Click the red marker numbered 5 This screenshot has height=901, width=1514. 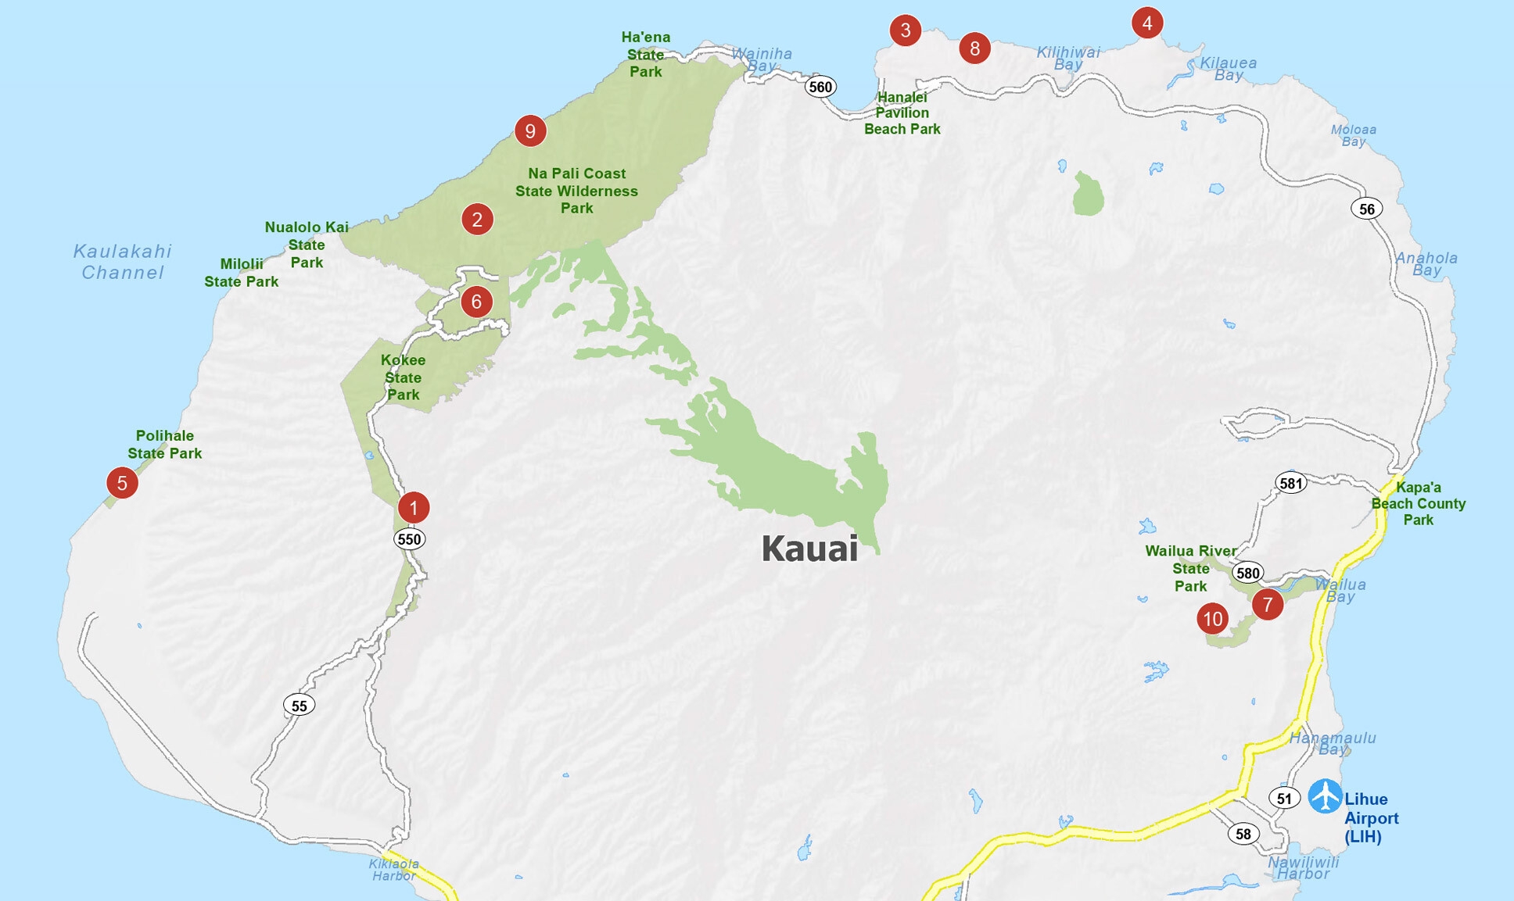click(122, 483)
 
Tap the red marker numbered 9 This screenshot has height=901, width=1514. click(530, 131)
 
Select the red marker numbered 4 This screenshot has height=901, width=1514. click(1146, 23)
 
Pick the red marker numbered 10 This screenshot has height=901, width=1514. click(1212, 619)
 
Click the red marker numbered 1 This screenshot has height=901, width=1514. click(414, 507)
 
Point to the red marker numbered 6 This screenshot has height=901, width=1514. click(476, 302)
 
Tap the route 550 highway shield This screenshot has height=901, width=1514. click(409, 539)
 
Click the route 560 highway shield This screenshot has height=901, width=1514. click(820, 87)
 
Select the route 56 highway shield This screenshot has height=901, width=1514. click(1366, 209)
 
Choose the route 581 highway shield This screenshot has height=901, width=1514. click(1290, 483)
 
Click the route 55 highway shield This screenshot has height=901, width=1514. click(299, 706)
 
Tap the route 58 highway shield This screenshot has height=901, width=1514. click(1243, 833)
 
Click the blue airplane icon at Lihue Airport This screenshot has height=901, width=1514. click(1325, 796)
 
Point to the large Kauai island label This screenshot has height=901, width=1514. click(809, 549)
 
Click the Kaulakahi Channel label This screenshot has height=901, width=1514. click(122, 262)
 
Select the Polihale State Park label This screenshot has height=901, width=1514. click(164, 445)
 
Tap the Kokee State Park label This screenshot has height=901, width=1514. click(403, 377)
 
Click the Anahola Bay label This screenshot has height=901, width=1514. click(1426, 263)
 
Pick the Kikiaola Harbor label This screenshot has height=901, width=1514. click(394, 870)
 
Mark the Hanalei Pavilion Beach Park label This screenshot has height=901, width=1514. click(902, 113)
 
